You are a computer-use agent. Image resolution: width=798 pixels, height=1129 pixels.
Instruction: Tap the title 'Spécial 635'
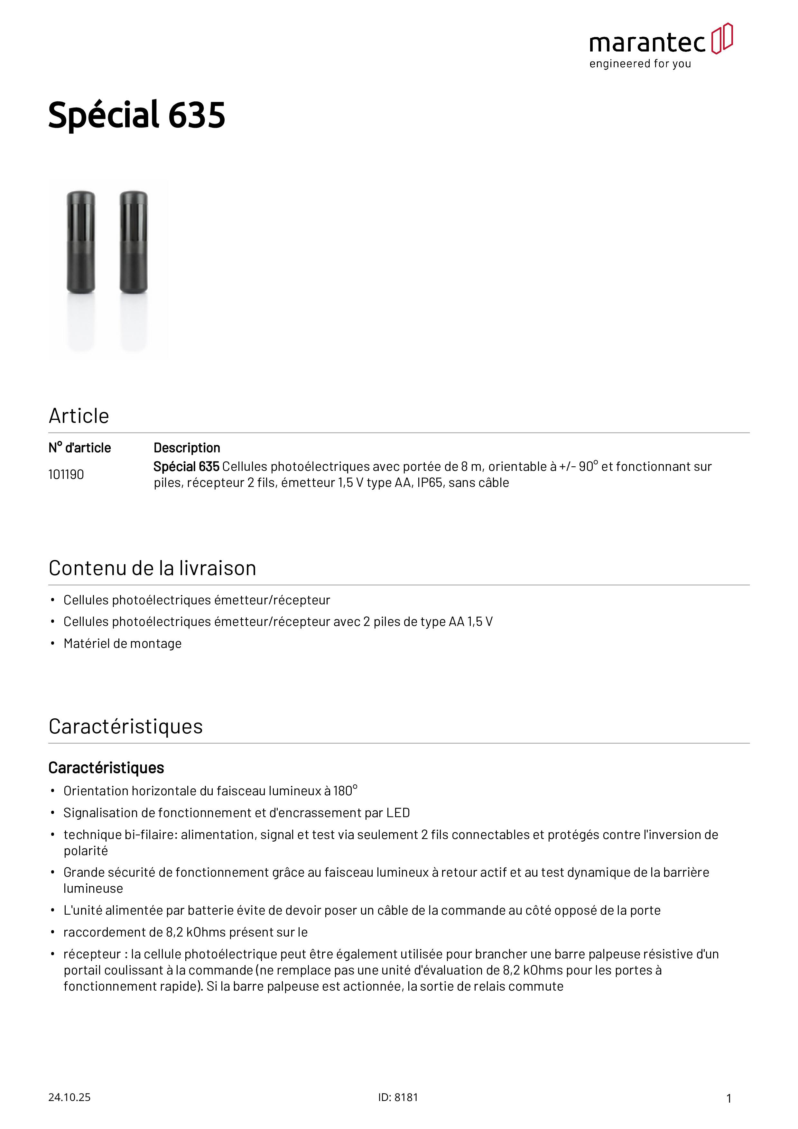[137, 115]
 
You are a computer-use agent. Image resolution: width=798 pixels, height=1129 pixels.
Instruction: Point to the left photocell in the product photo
[81, 242]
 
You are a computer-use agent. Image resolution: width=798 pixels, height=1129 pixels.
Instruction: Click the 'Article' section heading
[79, 416]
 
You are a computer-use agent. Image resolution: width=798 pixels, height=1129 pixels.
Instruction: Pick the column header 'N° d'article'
[80, 448]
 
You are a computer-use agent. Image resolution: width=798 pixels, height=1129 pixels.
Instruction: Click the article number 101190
[66, 474]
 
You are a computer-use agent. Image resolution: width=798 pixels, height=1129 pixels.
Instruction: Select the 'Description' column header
[187, 448]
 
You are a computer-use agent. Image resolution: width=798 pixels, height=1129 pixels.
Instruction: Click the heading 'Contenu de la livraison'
[153, 568]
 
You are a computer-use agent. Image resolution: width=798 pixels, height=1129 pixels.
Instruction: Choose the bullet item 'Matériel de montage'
[122, 644]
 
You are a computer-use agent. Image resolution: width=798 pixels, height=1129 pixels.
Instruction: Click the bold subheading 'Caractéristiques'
[106, 768]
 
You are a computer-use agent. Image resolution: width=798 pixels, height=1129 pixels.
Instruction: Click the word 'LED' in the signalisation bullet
[398, 813]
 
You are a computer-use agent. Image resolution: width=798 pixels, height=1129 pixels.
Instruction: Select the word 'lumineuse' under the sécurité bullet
[93, 889]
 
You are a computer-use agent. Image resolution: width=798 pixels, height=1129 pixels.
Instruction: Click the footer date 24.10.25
[69, 1097]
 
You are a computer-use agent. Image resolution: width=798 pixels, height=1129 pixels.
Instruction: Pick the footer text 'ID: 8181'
[398, 1097]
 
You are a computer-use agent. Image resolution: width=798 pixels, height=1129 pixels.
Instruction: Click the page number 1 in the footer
[729, 1098]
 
